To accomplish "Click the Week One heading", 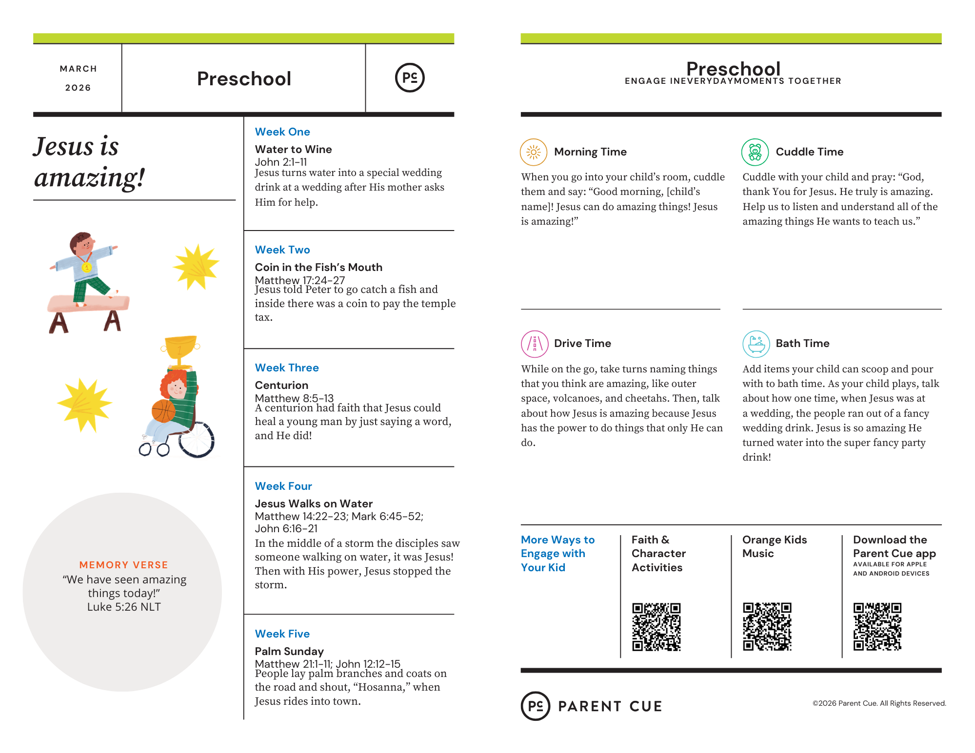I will (x=282, y=132).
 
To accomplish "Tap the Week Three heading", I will (x=287, y=368).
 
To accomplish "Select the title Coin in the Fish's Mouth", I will (x=318, y=268).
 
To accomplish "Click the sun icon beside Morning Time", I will (x=534, y=153).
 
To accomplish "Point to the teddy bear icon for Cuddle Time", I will (x=755, y=153).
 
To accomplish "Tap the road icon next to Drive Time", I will (x=535, y=344).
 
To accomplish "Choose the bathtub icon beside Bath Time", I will (x=756, y=344).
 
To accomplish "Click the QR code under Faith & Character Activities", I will (x=656, y=627).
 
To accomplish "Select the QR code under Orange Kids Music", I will (x=767, y=627).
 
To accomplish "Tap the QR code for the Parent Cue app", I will (x=877, y=627).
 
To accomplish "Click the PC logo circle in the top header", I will (x=410, y=78).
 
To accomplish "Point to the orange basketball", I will (x=163, y=411).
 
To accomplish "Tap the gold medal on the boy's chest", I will (x=86, y=267).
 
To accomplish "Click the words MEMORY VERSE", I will (x=123, y=565).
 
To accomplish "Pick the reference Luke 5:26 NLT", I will (x=124, y=607).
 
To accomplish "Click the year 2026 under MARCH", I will (x=78, y=88).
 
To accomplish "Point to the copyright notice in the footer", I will (x=879, y=703).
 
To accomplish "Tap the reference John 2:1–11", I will (x=281, y=162).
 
